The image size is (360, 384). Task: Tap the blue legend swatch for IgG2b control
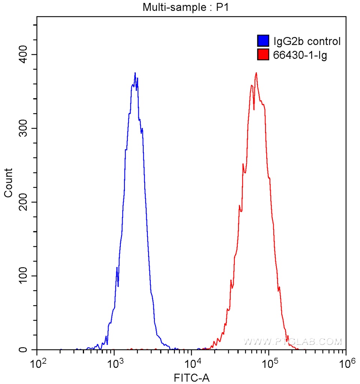[x=263, y=41]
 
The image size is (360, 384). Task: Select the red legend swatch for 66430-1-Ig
[x=263, y=55]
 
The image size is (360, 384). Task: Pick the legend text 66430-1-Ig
[x=295, y=56]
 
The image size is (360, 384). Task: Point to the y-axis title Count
[x=8, y=183]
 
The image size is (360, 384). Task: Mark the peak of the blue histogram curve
[x=135, y=73]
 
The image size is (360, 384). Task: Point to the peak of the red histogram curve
[x=256, y=73]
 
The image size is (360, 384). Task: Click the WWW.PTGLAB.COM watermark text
[x=292, y=342]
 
